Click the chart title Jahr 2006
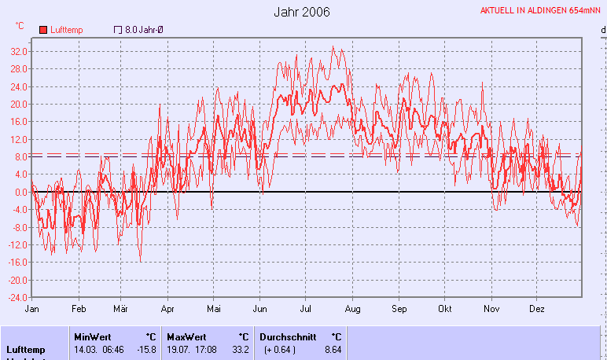(302, 12)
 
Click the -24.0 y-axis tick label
(17, 298)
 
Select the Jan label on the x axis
(32, 309)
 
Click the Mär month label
(120, 309)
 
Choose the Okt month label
(445, 309)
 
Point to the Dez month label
(537, 309)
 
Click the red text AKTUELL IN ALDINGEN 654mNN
(541, 11)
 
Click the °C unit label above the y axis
(20, 26)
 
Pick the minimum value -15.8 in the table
(146, 349)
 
